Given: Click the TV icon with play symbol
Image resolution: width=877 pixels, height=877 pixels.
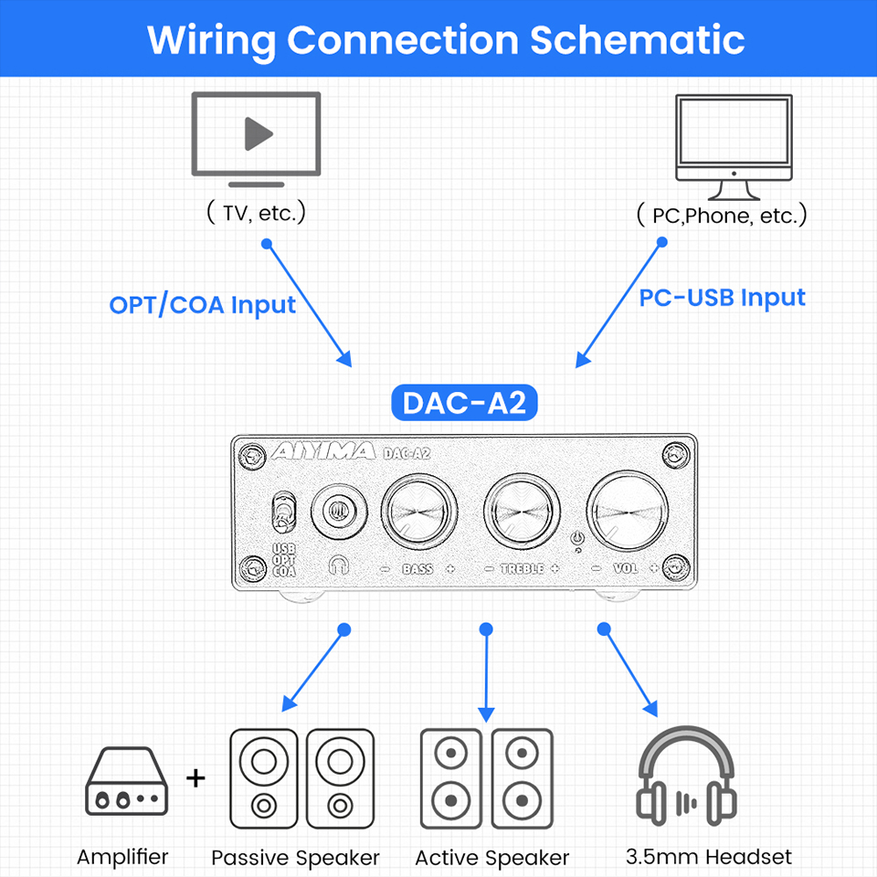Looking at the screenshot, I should [x=256, y=134].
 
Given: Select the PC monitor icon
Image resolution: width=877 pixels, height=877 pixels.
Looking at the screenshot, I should [x=733, y=146].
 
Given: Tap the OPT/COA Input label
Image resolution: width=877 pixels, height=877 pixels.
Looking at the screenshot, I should [x=202, y=304].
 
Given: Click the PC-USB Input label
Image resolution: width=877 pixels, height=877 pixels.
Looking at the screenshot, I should [x=722, y=297].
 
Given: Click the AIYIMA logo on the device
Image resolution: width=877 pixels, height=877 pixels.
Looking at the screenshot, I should [x=323, y=451].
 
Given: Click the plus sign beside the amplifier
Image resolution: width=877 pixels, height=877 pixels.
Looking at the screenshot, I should [x=195, y=778].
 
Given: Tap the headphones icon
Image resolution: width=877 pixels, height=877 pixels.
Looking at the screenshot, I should [x=685, y=777].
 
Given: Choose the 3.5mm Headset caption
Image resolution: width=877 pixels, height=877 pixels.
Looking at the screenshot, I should [x=709, y=857].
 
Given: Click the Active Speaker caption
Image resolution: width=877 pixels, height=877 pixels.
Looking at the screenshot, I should [x=491, y=858].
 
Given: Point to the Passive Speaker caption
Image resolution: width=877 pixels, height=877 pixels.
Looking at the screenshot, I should [x=295, y=858].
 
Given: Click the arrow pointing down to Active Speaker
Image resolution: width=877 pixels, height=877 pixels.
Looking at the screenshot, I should [x=486, y=676].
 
